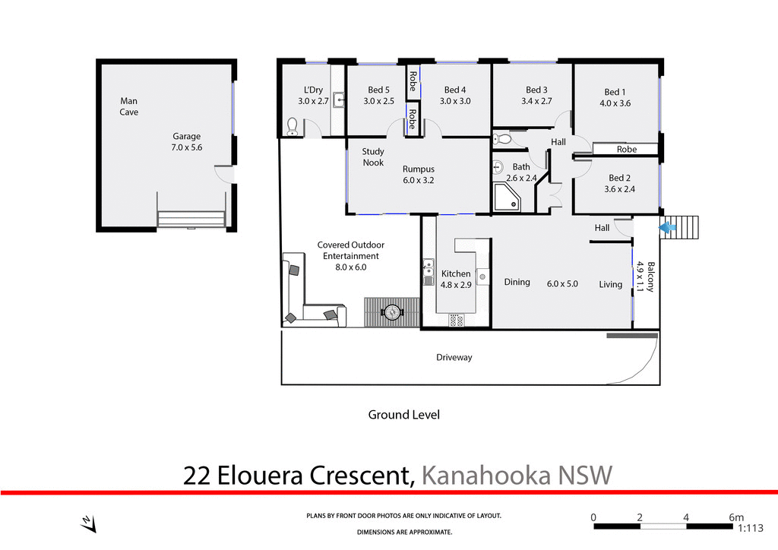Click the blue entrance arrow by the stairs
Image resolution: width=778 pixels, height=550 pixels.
coord(669,226)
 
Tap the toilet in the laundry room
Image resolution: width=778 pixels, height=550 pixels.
coord(291,126)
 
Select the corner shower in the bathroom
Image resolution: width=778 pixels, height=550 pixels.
coord(507,198)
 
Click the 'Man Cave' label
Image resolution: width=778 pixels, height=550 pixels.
coord(129,106)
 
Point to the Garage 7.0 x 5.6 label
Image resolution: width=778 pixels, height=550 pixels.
coord(187,142)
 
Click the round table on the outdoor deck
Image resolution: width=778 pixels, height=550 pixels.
coord(393,311)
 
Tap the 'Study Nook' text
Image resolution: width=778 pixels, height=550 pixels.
coord(373,157)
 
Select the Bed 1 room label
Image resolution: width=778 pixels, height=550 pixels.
coord(615,98)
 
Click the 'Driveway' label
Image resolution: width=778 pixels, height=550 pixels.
coord(454,357)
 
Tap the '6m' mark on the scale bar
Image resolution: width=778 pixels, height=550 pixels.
coord(735,517)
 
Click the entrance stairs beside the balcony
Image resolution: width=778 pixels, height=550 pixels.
coord(687,226)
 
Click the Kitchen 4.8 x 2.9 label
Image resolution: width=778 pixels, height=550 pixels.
coord(456,279)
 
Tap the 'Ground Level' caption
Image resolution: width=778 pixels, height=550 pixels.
coord(403,415)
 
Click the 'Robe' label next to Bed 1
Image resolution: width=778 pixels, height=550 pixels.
coord(626,150)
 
